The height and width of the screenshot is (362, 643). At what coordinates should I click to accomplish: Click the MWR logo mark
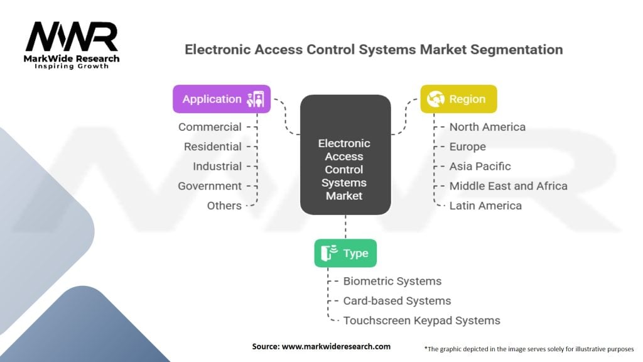coord(72,37)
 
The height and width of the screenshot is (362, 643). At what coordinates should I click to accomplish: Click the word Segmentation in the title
coord(516,50)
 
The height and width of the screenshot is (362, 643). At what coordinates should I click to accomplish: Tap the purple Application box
coord(222,99)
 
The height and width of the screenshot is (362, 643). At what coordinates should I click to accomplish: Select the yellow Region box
coord(458,99)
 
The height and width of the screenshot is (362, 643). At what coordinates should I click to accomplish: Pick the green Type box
coord(345,253)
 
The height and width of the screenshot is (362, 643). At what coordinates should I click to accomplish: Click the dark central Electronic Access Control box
coord(345,155)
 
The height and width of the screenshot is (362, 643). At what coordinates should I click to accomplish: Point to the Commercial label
coord(210,127)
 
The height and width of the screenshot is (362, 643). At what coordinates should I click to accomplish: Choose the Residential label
coord(212,146)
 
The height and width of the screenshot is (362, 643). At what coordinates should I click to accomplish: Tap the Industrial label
coord(217,166)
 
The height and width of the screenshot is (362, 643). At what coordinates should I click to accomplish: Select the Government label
coord(210,186)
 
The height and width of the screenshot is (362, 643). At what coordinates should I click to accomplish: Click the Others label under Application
coord(224,206)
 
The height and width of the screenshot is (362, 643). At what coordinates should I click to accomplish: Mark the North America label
coord(487,127)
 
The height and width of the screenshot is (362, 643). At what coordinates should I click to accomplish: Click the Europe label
coord(467,147)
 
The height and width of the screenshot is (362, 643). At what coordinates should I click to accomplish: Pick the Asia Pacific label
coord(480,166)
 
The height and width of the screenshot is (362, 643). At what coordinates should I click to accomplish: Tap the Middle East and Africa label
coord(508,186)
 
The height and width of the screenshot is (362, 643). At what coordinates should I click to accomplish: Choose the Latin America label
coord(485,206)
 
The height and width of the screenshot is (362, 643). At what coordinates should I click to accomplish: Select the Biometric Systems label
coord(392,281)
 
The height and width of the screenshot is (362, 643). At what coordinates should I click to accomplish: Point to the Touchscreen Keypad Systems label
coord(421,321)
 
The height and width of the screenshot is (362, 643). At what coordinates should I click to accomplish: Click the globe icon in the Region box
coord(436,99)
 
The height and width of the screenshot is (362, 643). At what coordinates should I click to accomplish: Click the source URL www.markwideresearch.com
coord(336,346)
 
